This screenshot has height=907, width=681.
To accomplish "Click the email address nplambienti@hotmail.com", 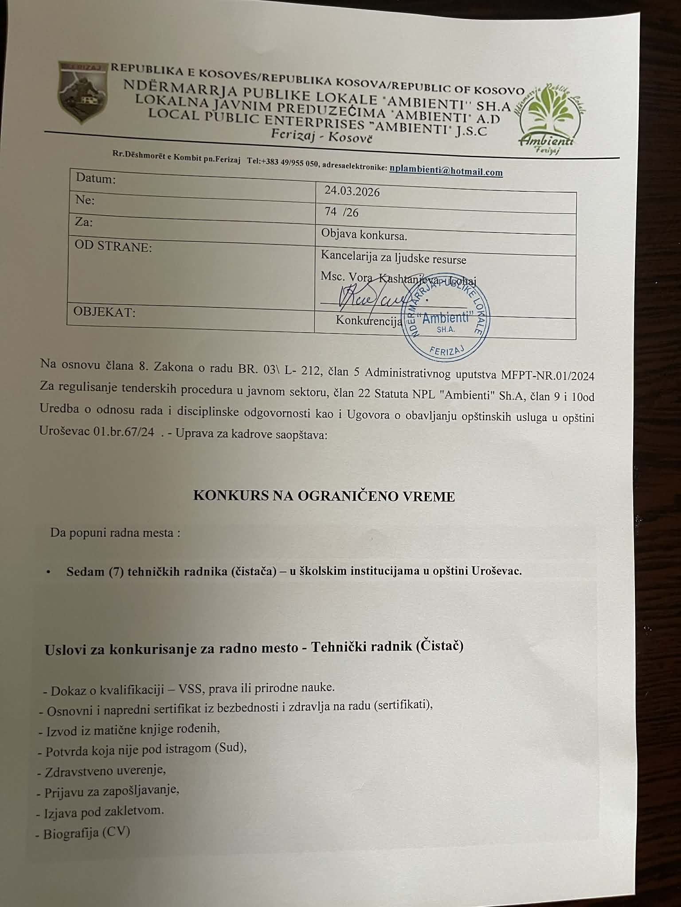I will point(446,171).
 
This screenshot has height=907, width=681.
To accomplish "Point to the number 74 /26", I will point(341,212).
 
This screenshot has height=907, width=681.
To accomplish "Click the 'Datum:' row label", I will point(96,179).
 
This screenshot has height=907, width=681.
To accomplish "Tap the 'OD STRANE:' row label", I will point(113,246).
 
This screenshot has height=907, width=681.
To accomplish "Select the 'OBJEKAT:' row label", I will point(105,312).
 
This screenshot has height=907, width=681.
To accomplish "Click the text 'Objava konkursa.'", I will point(364,235).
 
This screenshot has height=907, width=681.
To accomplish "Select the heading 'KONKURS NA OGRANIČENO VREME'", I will point(324,496).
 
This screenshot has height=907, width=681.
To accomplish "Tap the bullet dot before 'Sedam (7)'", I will point(48,572).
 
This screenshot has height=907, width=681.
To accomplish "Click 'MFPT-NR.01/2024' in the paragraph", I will point(548,376).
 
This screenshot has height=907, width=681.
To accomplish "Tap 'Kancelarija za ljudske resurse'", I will point(394,258).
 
